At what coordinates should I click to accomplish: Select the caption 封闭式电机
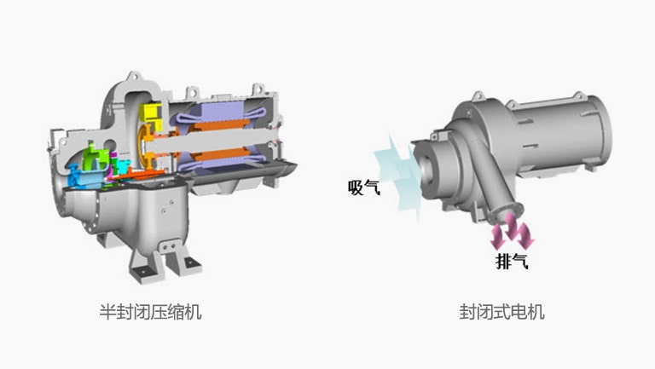tap(501, 312)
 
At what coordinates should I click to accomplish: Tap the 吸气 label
tap(364, 187)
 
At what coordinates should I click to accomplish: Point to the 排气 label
tap(512, 261)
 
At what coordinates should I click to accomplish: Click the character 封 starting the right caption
tap(467, 312)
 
